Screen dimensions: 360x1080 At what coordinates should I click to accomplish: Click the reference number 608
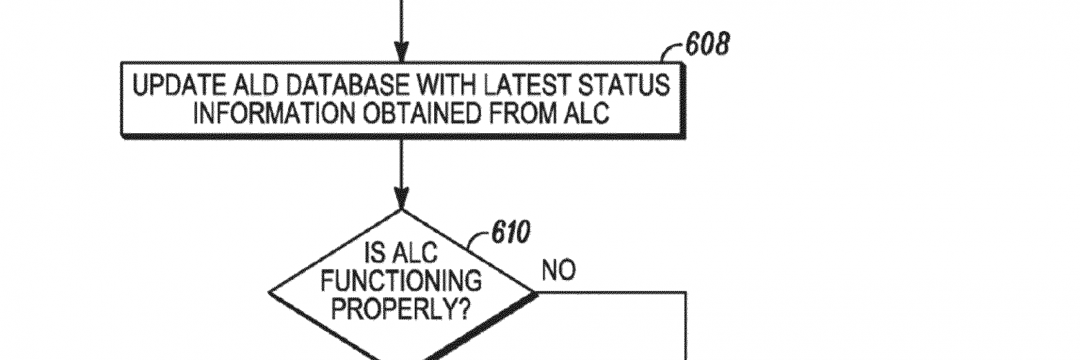click(706, 45)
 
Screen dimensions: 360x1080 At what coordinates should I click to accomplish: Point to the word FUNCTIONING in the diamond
click(401, 282)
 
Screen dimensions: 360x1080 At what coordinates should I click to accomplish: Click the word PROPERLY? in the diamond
click(401, 310)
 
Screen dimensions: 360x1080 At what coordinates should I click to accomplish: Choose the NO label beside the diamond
click(559, 271)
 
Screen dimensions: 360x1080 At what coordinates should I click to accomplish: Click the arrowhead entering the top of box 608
click(400, 55)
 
